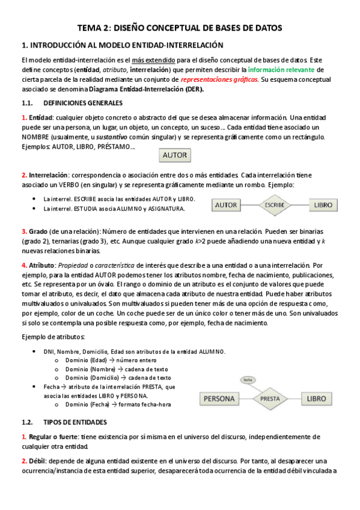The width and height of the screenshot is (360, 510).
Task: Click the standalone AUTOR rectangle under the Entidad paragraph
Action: point(175,156)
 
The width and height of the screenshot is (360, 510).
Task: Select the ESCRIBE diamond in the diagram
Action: point(275,205)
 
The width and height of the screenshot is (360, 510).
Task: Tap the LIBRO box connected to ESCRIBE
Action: point(323,205)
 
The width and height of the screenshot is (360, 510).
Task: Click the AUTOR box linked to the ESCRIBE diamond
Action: point(226,205)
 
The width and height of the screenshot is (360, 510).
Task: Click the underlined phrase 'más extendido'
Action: point(154,60)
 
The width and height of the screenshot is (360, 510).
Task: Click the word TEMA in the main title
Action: point(91,28)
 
